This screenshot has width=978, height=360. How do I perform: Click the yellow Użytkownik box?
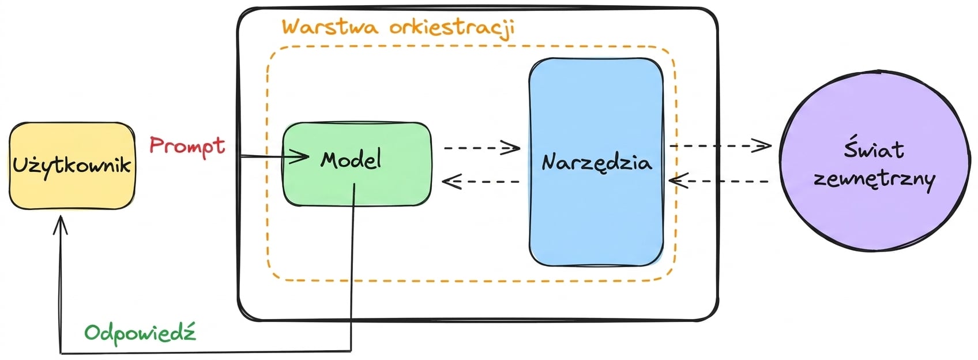click(73, 166)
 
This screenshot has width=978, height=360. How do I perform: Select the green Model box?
click(357, 164)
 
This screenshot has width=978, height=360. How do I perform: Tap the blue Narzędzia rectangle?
click(596, 162)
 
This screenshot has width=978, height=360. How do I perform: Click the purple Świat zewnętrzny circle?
click(875, 162)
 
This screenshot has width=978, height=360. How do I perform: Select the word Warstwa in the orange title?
click(330, 27)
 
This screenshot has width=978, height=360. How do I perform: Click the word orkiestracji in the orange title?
click(452, 28)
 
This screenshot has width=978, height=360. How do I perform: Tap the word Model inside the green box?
click(351, 159)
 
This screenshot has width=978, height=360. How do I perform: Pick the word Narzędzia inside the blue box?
click(597, 163)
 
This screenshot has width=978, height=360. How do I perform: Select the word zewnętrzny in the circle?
click(875, 179)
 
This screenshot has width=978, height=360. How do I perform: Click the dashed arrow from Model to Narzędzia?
click(482, 148)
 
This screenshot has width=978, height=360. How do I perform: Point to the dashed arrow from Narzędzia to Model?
click(481, 181)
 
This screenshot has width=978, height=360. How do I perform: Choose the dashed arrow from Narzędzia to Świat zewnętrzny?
click(720, 145)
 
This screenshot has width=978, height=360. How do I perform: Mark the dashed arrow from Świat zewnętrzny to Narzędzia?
click(719, 181)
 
